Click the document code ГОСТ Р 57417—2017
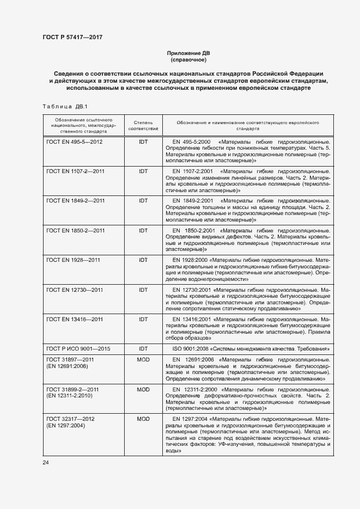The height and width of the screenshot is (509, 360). click(72, 37)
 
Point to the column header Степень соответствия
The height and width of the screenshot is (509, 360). click(143, 126)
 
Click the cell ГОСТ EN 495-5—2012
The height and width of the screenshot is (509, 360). click(75, 142)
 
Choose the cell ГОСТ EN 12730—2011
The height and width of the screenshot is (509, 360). click(75, 290)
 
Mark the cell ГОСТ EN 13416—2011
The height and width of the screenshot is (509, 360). click(75, 320)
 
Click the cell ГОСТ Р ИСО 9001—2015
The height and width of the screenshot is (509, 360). click(78, 348)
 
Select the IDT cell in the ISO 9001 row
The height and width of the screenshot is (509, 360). click(143, 348)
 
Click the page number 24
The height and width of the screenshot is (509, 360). click(46, 463)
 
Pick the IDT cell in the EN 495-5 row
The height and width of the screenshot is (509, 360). click(143, 142)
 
